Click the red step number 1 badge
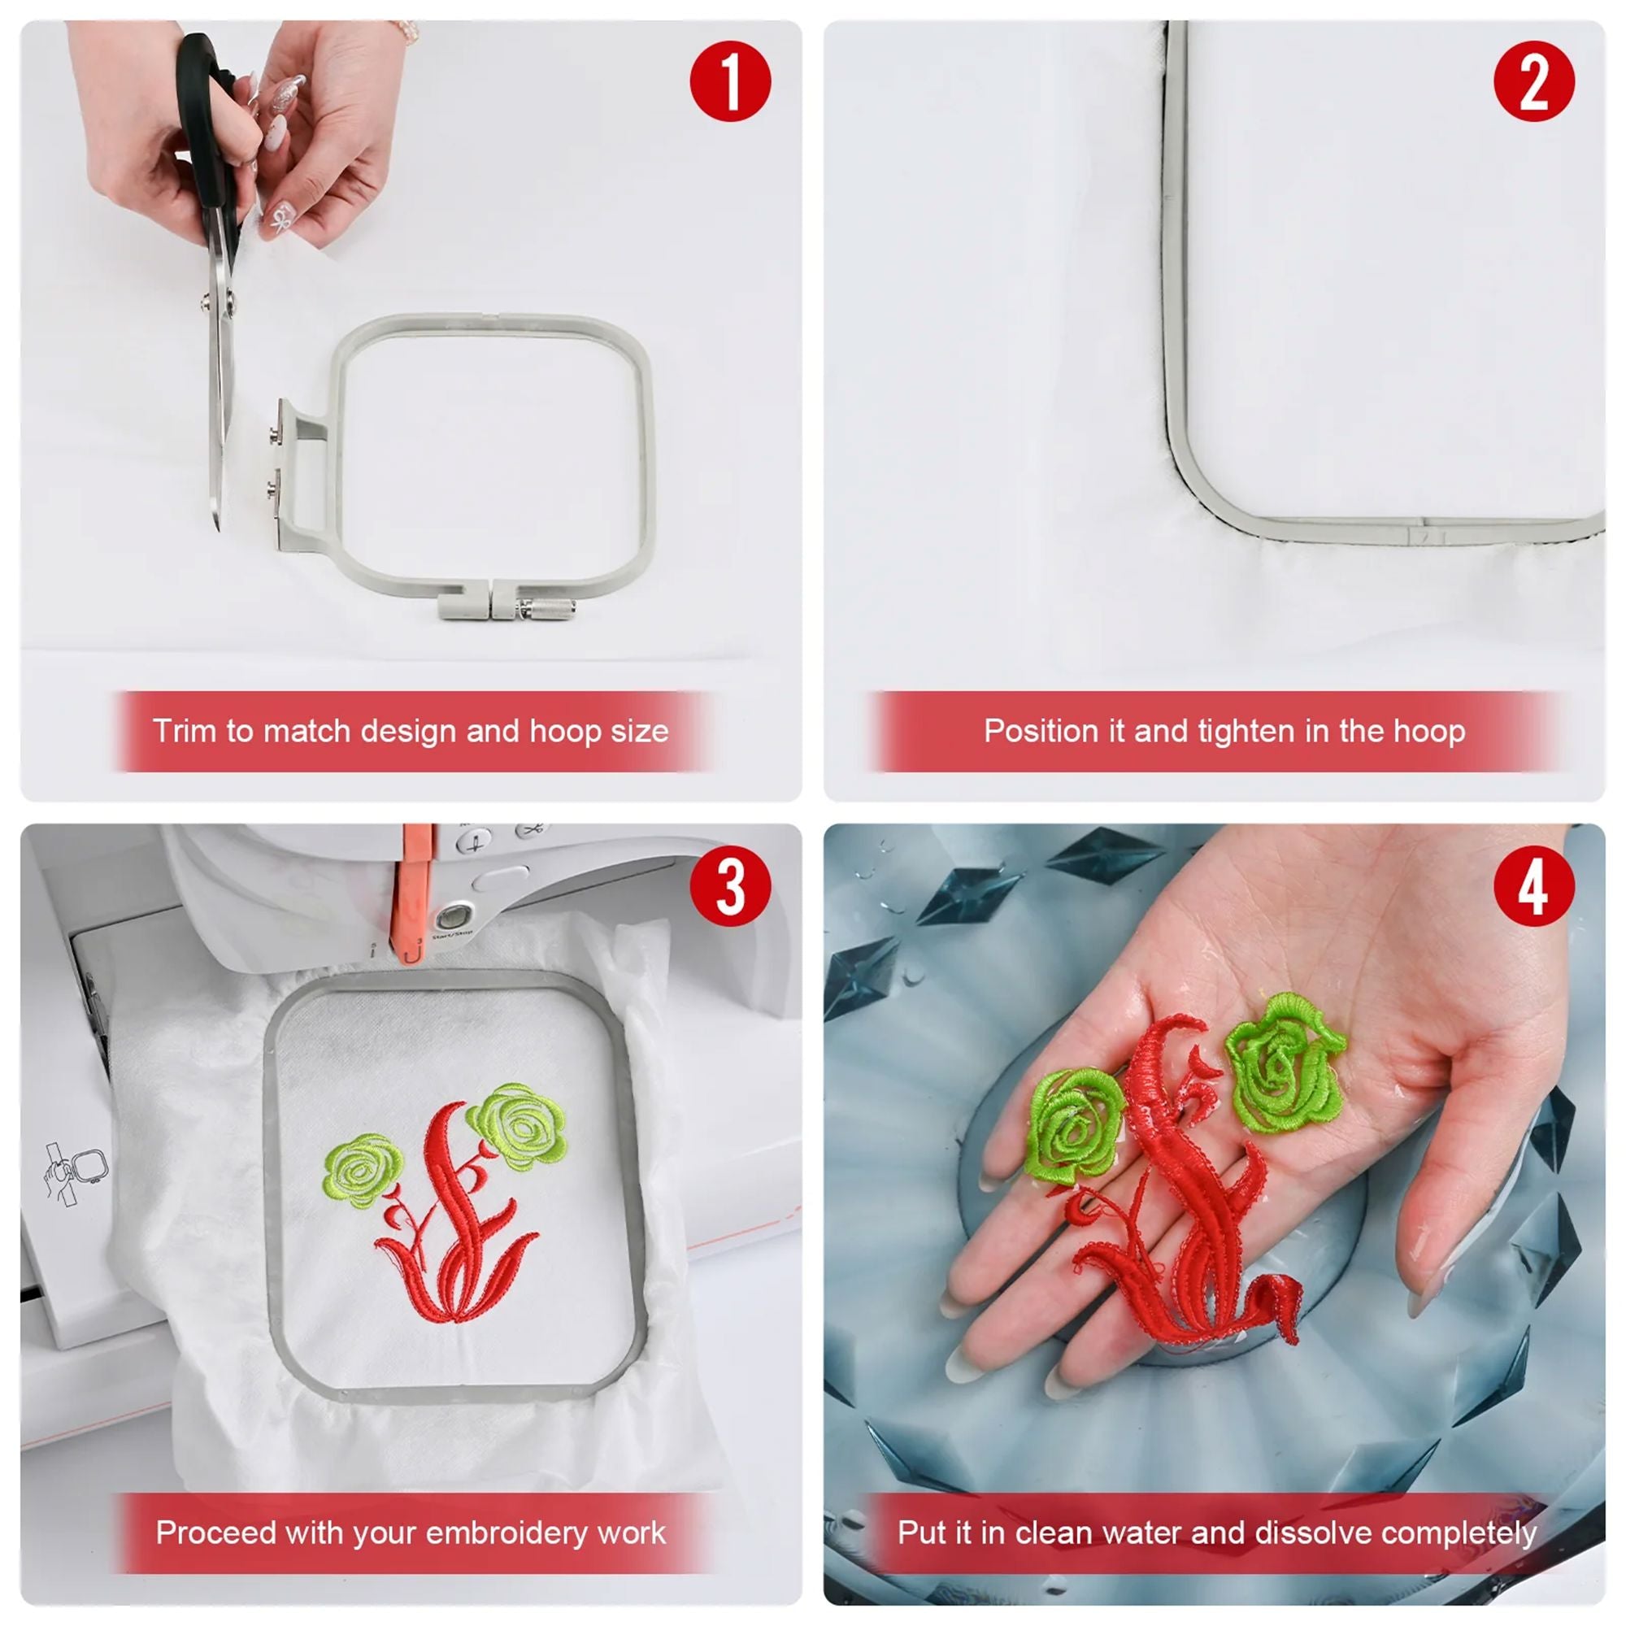[731, 81]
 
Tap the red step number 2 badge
[1533, 81]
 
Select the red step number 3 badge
[731, 885]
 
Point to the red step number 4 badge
[1533, 885]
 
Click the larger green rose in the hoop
[517, 1124]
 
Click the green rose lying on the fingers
[1076, 1126]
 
